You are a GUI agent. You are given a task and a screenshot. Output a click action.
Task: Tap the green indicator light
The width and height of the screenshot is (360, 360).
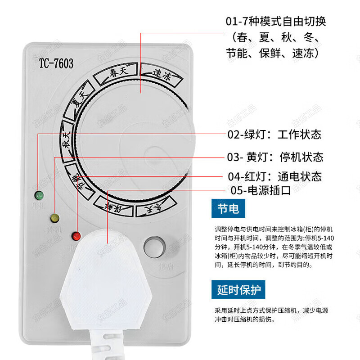[x=39, y=196]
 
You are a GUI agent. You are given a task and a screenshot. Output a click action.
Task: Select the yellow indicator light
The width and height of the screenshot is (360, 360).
[x=55, y=219]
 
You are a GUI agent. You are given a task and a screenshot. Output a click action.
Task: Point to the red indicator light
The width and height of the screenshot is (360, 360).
[x=76, y=235]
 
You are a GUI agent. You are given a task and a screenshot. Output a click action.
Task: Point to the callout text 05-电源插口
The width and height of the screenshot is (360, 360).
[x=261, y=190]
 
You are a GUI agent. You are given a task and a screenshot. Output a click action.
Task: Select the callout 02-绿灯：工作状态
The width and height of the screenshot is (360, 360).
[x=274, y=134]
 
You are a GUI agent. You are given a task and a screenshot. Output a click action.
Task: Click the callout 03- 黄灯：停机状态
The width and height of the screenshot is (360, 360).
[x=275, y=157]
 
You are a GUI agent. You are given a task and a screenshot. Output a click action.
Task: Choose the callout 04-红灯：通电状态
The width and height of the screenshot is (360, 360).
[x=274, y=176]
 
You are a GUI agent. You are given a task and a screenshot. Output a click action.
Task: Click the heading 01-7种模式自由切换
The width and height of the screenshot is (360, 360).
[x=275, y=21]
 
